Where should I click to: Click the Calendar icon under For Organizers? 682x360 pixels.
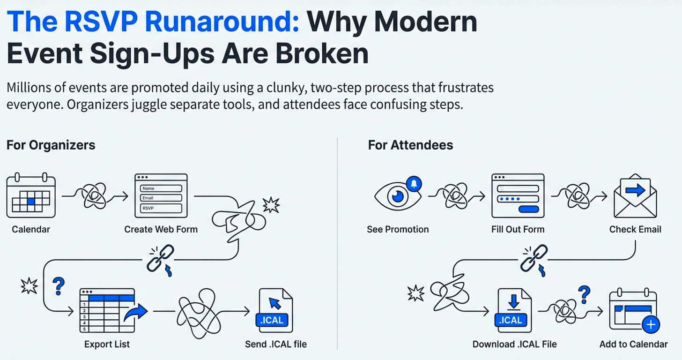(x=31, y=195)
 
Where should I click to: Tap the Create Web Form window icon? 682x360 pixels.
(x=161, y=196)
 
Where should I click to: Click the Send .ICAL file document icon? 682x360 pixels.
(x=275, y=310)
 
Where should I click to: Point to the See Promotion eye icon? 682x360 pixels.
(x=397, y=196)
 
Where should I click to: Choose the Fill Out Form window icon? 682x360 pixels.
(x=518, y=196)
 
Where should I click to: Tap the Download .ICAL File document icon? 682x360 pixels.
(x=514, y=310)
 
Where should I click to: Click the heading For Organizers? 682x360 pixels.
(x=51, y=145)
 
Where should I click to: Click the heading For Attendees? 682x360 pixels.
(x=410, y=145)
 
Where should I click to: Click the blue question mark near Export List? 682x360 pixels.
(x=59, y=286)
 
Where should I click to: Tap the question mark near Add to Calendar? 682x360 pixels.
(x=584, y=295)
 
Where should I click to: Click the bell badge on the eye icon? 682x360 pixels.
(x=413, y=184)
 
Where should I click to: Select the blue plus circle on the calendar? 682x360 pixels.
(x=651, y=324)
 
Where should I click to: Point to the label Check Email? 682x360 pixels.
(x=635, y=229)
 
